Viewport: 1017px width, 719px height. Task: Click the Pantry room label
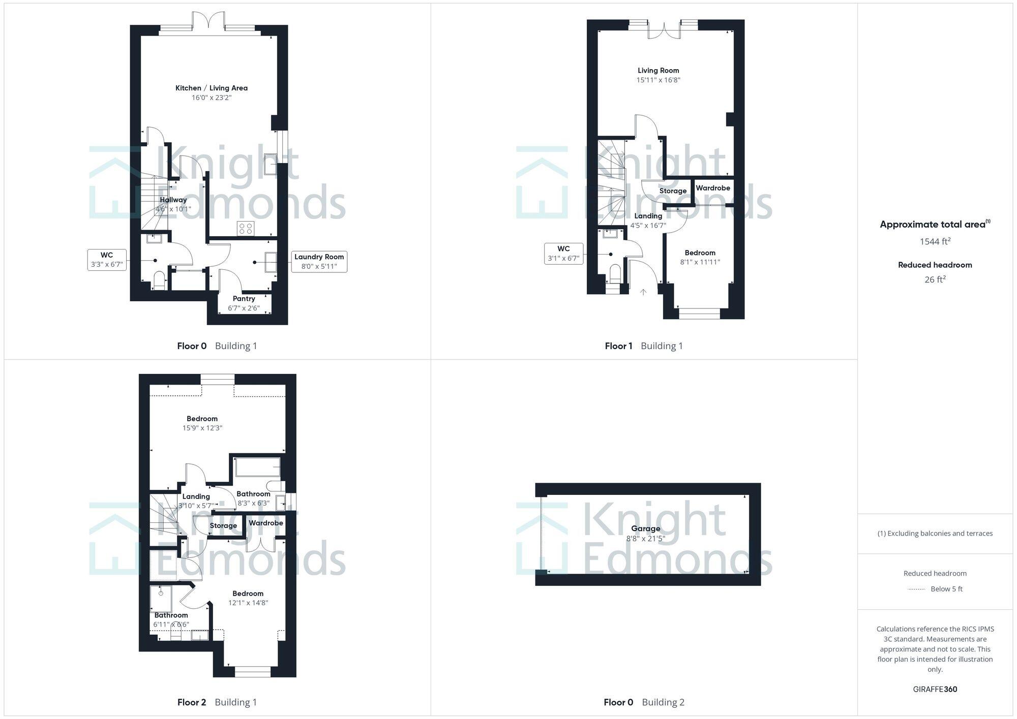tap(244, 299)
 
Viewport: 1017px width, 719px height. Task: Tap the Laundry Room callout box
tap(319, 262)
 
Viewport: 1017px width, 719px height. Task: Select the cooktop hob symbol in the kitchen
tap(246, 229)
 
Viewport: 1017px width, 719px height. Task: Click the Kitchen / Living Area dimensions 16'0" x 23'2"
tap(211, 98)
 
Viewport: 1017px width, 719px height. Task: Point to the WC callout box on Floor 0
tap(107, 260)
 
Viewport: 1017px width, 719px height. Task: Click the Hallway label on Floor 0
tap(173, 200)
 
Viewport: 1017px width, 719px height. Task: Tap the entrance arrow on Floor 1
tap(643, 292)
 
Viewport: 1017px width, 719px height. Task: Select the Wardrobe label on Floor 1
tap(712, 188)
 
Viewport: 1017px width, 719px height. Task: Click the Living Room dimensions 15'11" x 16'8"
tap(658, 80)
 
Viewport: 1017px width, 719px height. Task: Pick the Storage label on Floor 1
tap(673, 191)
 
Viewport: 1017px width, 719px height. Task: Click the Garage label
tap(645, 528)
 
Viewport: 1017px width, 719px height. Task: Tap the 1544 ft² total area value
tap(935, 241)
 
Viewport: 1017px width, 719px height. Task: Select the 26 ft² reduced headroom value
tap(935, 279)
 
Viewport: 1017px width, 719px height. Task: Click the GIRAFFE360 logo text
tap(935, 689)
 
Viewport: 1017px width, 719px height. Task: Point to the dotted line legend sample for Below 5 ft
tap(916, 589)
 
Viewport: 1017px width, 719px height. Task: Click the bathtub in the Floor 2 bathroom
tap(257, 467)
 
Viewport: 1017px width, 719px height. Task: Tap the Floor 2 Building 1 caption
tap(217, 702)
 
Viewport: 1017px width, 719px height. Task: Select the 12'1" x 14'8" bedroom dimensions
tap(248, 603)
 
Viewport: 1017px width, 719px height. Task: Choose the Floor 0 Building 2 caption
tap(644, 702)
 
